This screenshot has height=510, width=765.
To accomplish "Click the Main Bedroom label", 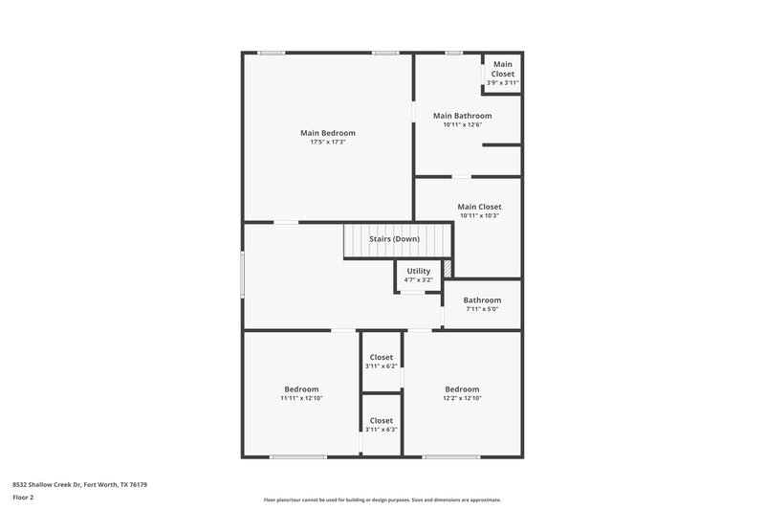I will [x=327, y=133].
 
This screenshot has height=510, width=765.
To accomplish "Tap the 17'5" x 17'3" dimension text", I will [x=327, y=143].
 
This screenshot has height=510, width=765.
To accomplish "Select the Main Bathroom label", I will [x=462, y=116].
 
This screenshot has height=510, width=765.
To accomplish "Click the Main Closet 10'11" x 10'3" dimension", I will [x=479, y=216].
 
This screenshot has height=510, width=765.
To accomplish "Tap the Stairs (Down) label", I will [x=394, y=238].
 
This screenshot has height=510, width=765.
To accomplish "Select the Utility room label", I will [x=418, y=271].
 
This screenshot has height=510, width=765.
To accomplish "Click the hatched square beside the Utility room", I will [x=446, y=271].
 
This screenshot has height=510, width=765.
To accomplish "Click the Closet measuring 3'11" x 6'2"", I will [x=381, y=362].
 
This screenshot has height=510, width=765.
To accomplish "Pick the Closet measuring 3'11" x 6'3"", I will [x=381, y=425].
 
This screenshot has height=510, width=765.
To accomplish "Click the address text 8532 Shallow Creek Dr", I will [x=79, y=484].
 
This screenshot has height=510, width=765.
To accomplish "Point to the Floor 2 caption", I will [x=24, y=498].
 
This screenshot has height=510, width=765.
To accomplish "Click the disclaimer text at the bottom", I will [x=382, y=499].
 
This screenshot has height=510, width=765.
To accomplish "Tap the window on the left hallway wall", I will [x=242, y=276].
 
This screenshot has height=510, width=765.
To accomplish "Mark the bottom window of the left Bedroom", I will [x=297, y=456].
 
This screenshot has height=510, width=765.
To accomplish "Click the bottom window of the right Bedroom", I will [x=451, y=456].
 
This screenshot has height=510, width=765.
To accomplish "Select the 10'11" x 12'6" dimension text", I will [x=462, y=124].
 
